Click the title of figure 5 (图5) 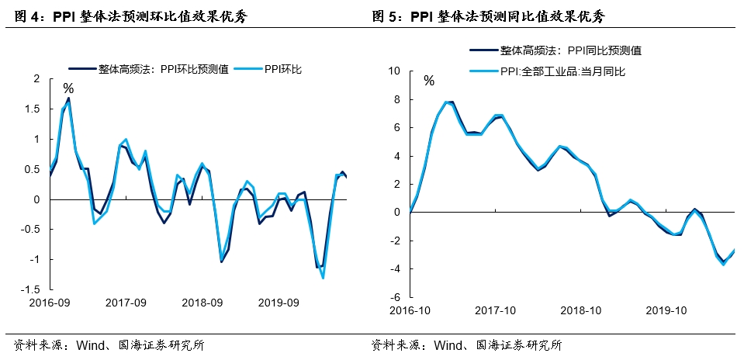point(488,16)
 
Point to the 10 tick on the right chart point(393,71)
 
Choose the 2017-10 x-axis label point(495,310)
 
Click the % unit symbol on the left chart point(68,88)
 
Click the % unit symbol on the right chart point(428,80)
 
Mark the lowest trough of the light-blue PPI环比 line point(322,278)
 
